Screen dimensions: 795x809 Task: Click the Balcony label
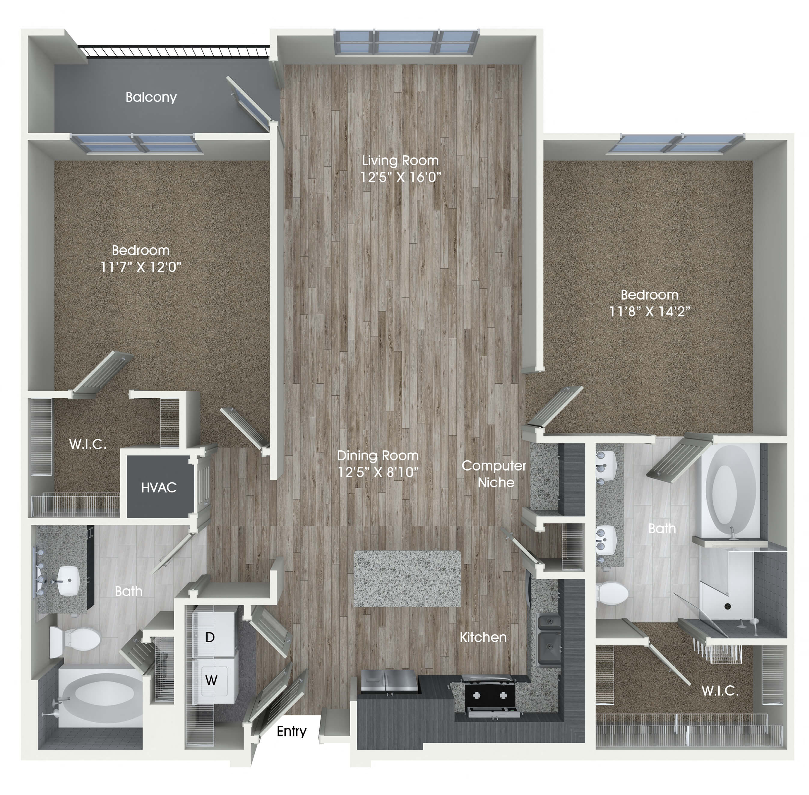coord(151,97)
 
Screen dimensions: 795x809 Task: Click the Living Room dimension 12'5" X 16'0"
coord(400,177)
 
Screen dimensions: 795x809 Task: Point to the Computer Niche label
coord(494,474)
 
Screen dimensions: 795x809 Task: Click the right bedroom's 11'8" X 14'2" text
coord(649,312)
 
